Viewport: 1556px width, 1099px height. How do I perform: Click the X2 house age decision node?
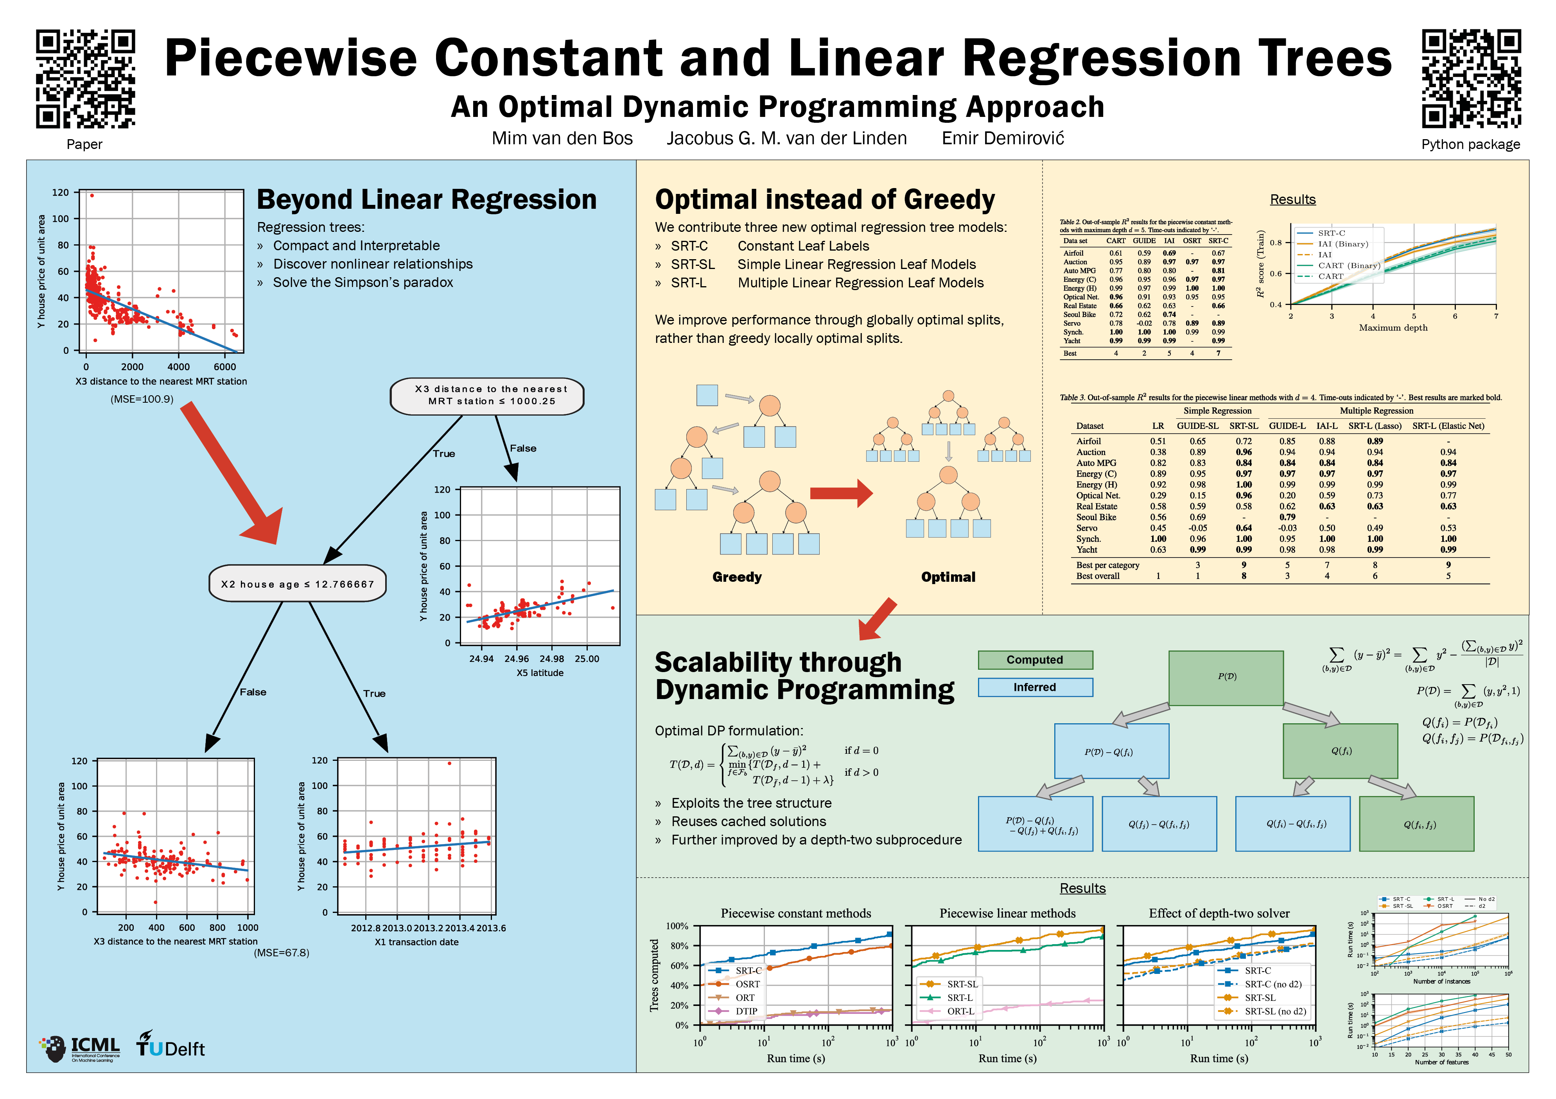coord(298,583)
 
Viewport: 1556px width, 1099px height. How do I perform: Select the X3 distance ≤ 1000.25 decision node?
coord(487,395)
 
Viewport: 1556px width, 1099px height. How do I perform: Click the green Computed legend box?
coord(1034,659)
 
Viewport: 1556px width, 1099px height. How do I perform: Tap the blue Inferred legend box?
coord(1034,687)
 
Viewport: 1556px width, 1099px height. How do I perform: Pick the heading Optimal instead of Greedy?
coord(824,199)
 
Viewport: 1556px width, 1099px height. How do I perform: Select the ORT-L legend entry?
coord(960,1011)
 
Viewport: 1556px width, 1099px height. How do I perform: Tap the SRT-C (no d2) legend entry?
coord(1272,984)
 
